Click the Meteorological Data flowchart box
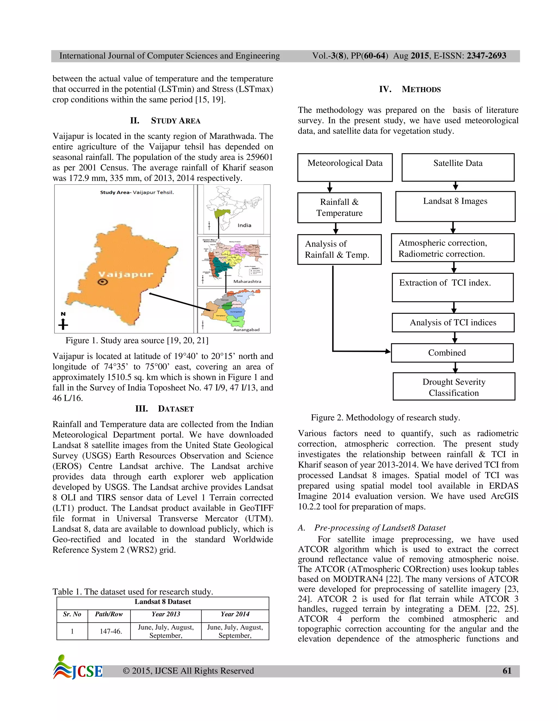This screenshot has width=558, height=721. click(x=345, y=167)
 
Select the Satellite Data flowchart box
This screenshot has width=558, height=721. click(x=458, y=167)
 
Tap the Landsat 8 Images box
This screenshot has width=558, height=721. click(x=455, y=206)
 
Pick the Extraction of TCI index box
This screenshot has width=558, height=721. click(x=453, y=287)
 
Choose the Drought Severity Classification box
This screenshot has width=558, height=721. click(x=454, y=387)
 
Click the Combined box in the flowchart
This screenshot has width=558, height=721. click(x=452, y=353)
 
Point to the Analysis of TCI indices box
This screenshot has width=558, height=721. click(x=453, y=322)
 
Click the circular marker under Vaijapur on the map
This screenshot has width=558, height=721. click(x=103, y=282)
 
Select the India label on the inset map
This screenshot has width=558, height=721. click(x=244, y=225)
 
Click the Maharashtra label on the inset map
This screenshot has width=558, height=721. click(x=247, y=282)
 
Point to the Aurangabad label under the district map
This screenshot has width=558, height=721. click(x=246, y=329)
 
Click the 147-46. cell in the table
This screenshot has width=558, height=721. click(x=111, y=631)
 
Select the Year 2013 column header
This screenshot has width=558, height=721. click(x=166, y=614)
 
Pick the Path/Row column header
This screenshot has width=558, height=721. click(x=109, y=614)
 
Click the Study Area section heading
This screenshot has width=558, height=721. click(x=165, y=121)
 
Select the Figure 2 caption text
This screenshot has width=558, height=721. click(x=385, y=418)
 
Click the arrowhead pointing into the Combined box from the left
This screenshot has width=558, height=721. click(x=388, y=351)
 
